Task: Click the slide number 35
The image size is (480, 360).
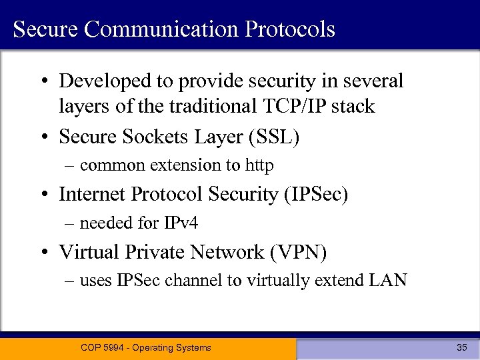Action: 461,347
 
